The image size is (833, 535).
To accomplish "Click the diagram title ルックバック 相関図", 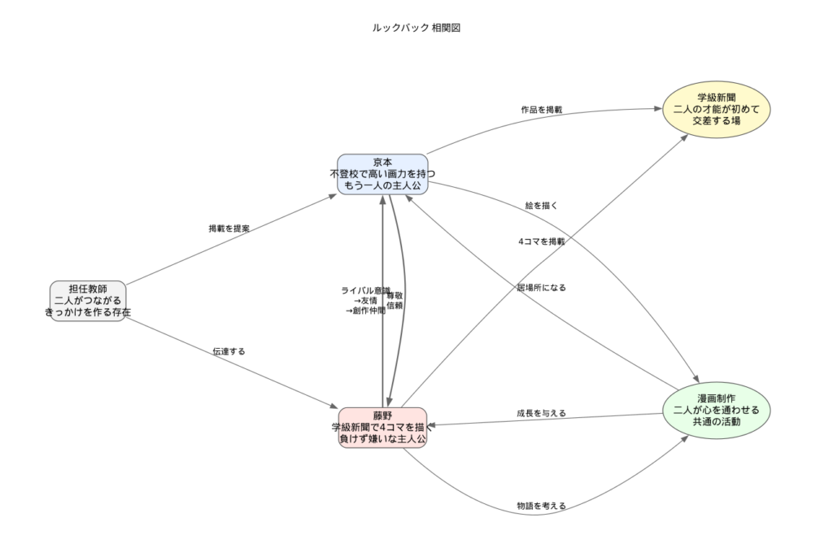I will point(416,28).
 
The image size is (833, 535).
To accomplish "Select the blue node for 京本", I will point(382,174).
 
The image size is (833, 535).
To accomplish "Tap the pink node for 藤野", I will point(382,428).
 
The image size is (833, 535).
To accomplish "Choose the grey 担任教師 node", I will point(88,301).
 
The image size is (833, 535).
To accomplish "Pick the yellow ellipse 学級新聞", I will point(717,109).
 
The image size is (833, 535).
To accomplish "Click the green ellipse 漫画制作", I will point(717,411).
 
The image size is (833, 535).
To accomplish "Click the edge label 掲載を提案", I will point(229,228).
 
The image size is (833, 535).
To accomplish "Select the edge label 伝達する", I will point(229,351).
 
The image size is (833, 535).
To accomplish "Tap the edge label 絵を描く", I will point(541,206).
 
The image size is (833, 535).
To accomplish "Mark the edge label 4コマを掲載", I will point(541,241).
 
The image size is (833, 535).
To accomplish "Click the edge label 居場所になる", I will point(541,287).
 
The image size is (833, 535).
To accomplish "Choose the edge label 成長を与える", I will point(541,413).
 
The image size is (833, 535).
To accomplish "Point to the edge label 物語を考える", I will point(541,506).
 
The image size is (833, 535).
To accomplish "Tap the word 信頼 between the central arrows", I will point(395,306).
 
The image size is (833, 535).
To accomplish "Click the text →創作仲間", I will point(365,310).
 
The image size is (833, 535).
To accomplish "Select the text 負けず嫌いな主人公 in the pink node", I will point(382,439).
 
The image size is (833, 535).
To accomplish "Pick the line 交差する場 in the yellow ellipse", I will point(717,120).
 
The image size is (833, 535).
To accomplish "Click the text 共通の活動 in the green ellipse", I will point(717,423).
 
